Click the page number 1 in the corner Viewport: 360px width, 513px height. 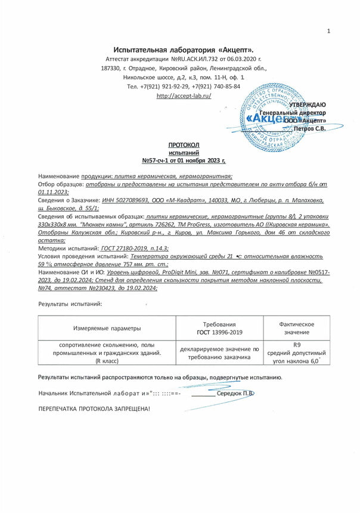tap(328, 31)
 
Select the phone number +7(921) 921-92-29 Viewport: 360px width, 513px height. tap(165, 86)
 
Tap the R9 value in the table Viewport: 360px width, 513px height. tap(296, 345)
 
